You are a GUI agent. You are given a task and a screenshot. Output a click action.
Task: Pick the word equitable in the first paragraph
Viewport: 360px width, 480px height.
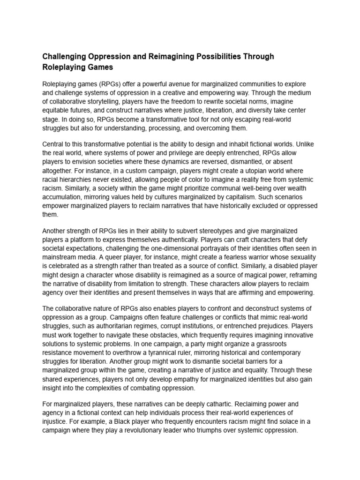57,111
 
